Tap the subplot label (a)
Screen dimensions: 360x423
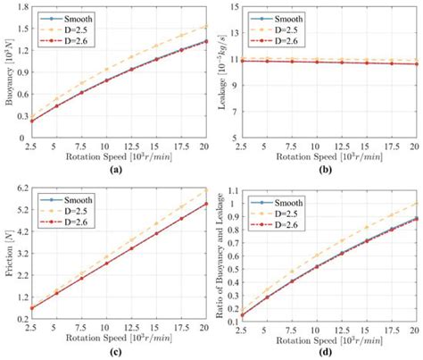pyautogui.click(x=115, y=169)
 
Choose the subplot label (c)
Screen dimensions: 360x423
pyautogui.click(x=115, y=351)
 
